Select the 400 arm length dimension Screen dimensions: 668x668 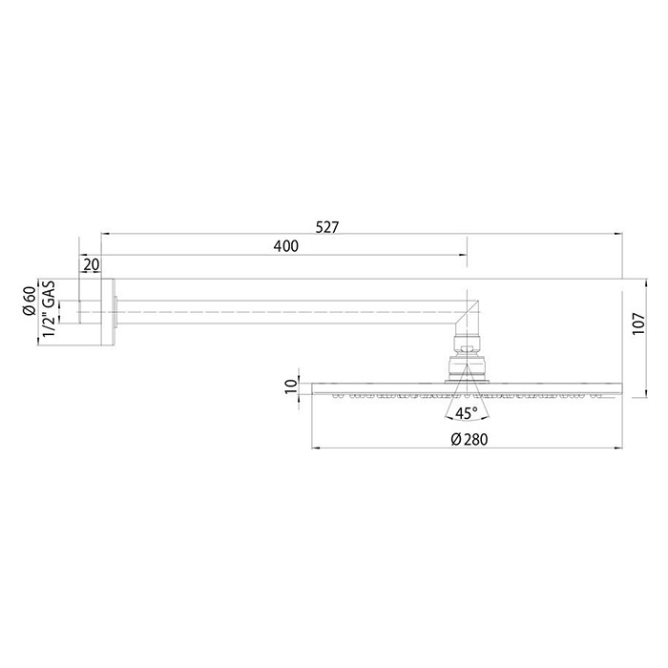tap(285, 246)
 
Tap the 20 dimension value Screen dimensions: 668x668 tap(91, 264)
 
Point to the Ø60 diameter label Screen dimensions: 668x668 tap(30, 300)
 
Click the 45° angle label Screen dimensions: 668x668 tap(467, 413)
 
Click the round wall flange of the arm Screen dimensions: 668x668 tap(110, 309)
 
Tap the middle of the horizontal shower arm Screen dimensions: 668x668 tap(286, 309)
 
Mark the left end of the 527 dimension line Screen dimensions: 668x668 tap(102, 232)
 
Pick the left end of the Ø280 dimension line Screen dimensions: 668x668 tap(312, 449)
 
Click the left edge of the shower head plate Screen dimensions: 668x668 tap(313, 388)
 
